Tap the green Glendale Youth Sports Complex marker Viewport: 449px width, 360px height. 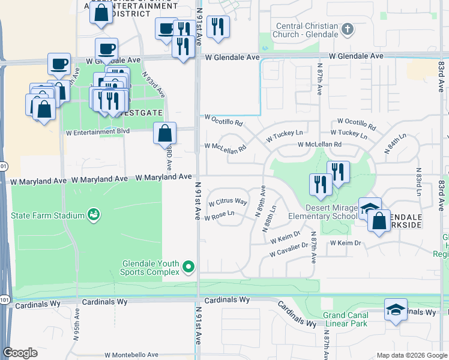point(188,267)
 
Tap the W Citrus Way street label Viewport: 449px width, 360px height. point(228,202)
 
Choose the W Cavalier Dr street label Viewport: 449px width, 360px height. point(289,250)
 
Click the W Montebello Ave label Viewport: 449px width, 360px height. point(131,355)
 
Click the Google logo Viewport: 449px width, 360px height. point(20,353)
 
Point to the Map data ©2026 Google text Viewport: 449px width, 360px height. point(411,355)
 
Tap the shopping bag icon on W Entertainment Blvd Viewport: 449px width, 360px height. point(164,133)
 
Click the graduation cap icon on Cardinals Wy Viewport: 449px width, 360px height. point(396,310)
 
